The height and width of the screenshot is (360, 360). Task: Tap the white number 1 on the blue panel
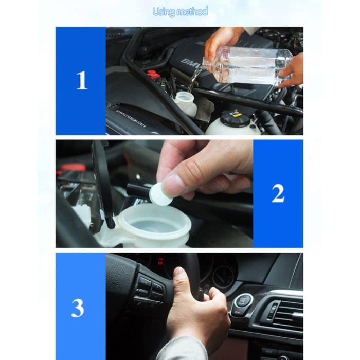coord(81,81)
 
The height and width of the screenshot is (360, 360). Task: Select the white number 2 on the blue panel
coord(278,193)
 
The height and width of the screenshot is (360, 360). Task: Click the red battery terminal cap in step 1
coord(153,74)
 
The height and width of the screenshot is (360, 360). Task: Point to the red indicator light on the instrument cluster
coord(160,261)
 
